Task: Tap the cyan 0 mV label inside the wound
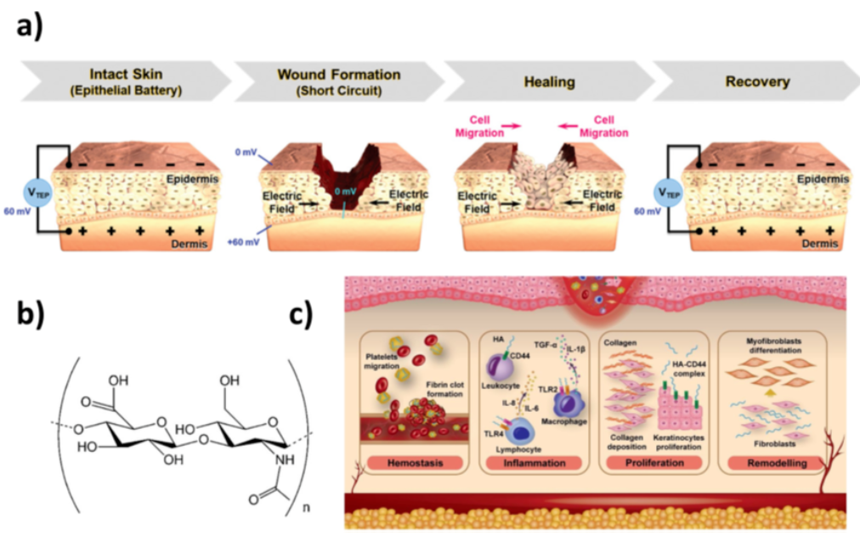coord(344,192)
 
